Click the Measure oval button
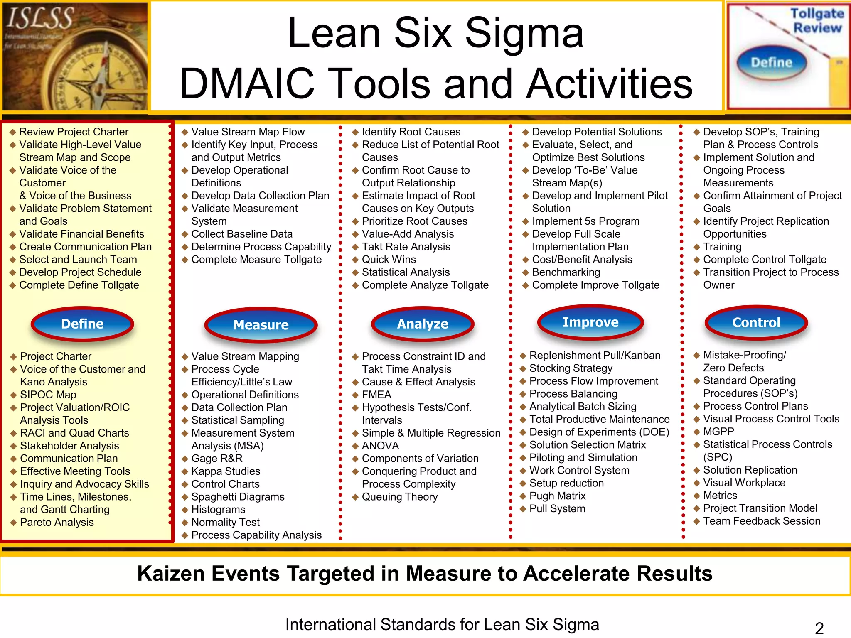coord(261,325)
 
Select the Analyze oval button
coord(423,324)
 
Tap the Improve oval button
coord(590,322)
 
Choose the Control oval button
coord(756,323)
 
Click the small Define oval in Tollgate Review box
coord(772,63)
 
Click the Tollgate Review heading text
coord(817,21)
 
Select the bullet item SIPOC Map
coord(48,395)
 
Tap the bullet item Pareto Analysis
coord(57,522)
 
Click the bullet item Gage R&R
coord(216,459)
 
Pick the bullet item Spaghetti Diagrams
coord(238,497)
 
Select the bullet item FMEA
coord(376,395)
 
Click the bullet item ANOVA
coord(380,446)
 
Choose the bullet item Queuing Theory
coord(400,497)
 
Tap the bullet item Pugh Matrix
coord(557,496)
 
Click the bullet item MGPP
coord(718,432)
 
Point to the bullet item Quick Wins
coord(389,260)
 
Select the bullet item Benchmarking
coord(566,272)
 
